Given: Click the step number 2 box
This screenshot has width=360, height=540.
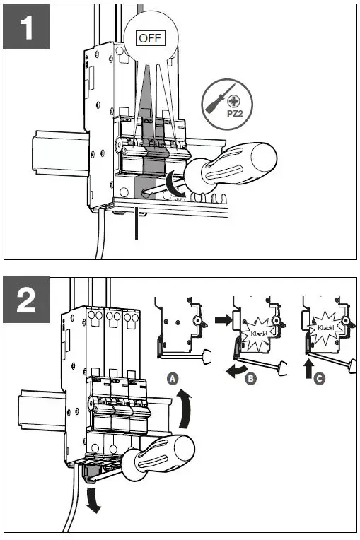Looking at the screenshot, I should tap(26, 301).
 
